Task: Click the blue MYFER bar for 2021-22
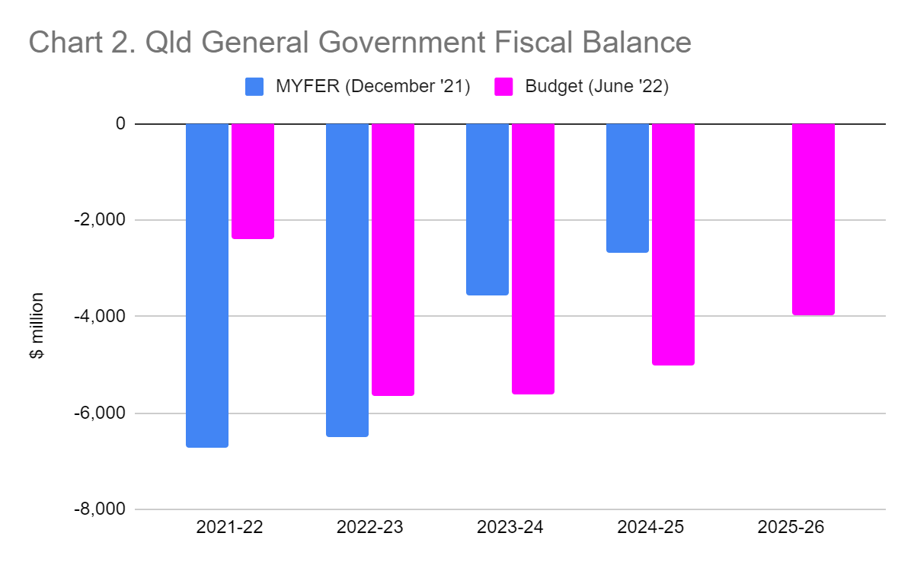click(x=207, y=286)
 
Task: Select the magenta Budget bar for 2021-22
click(x=253, y=181)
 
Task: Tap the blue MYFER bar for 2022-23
click(x=347, y=280)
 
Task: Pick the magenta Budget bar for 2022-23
click(x=393, y=260)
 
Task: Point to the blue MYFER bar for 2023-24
click(x=487, y=209)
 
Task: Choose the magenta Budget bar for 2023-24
click(x=533, y=259)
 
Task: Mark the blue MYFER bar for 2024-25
click(x=628, y=188)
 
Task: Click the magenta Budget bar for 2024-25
click(x=673, y=244)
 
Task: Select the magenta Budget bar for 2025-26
click(x=813, y=219)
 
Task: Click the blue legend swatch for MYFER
click(x=254, y=87)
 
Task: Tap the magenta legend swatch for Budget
click(x=504, y=87)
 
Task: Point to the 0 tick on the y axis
click(x=120, y=123)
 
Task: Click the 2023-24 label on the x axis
click(x=510, y=527)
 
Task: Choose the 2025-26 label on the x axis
click(x=791, y=527)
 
